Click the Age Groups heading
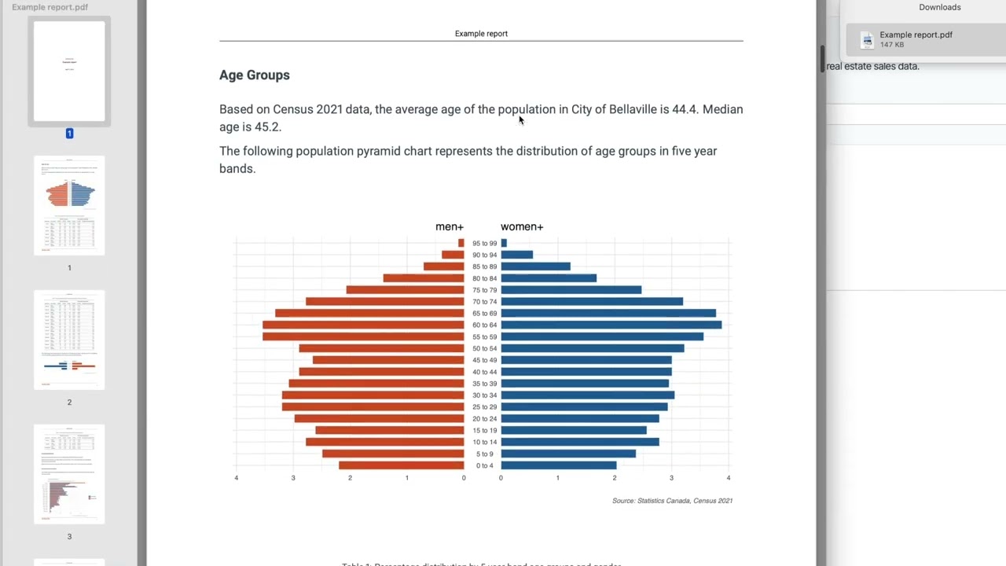(254, 75)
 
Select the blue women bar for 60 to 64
(611, 325)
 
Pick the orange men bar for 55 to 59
(363, 336)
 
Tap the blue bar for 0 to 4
(558, 465)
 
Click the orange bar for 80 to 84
(424, 278)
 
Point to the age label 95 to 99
(484, 244)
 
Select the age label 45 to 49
(484, 360)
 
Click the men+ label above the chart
(450, 226)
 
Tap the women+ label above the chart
(522, 226)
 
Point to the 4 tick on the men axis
(237, 478)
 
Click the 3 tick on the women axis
(671, 478)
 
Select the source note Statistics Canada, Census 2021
(672, 501)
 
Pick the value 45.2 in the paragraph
(267, 127)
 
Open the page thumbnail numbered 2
(69, 340)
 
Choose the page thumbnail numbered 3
(69, 474)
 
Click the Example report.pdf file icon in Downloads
(867, 40)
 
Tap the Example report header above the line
(481, 34)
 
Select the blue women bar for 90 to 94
(516, 255)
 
